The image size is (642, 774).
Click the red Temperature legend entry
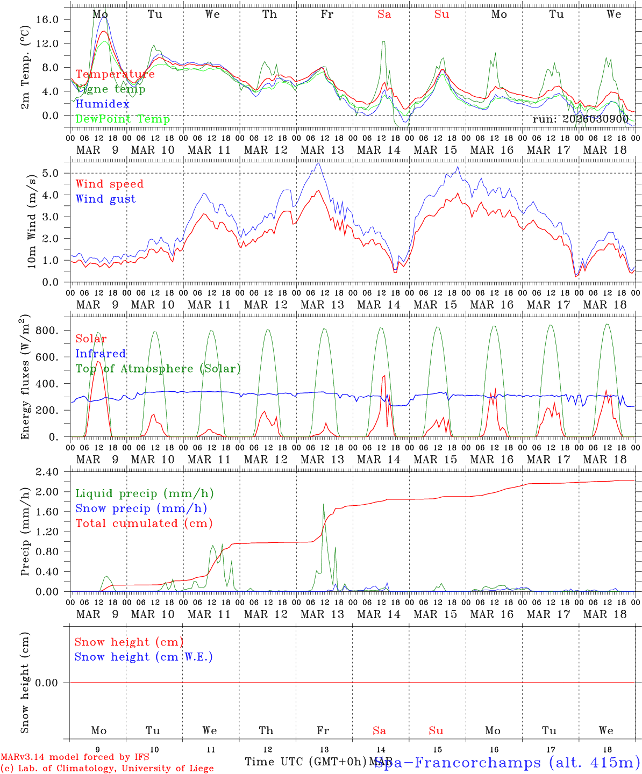coord(115,74)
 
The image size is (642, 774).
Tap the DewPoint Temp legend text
coord(123,119)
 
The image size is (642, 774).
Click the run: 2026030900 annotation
coord(580,119)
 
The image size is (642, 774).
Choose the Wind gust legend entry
coord(105,199)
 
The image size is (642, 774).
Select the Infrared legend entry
coord(101,354)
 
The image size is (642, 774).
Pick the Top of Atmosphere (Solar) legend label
coord(158,369)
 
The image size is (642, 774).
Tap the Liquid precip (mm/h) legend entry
coord(145,493)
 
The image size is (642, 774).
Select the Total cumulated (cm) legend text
coord(144,523)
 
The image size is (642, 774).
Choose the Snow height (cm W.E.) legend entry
coord(144,657)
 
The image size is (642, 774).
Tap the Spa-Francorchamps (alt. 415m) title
coord(507,762)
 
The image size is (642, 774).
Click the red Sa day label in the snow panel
coord(379,730)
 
